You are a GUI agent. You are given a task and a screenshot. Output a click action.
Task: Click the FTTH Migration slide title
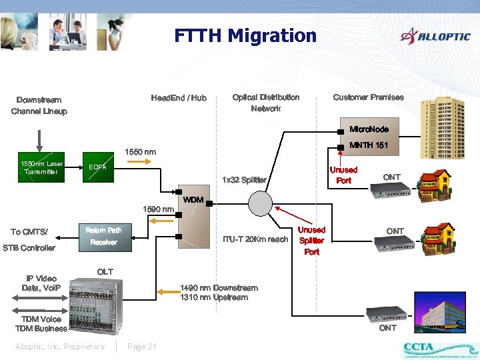pyautogui.click(x=245, y=35)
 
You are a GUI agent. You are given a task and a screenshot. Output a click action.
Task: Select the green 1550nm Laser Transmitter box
pyautogui.click(x=41, y=167)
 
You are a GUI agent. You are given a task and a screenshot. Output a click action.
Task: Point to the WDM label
pyautogui.click(x=193, y=200)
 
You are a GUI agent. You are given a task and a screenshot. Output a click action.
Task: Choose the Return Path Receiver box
pyautogui.click(x=103, y=236)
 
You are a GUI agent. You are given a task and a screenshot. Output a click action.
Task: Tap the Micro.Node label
pyautogui.click(x=369, y=129)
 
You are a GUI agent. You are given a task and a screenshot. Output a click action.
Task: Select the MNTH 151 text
pyautogui.click(x=369, y=145)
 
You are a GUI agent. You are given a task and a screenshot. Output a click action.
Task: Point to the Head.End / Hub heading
pyautogui.click(x=179, y=99)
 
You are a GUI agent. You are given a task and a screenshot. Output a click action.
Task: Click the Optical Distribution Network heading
pyautogui.click(x=266, y=103)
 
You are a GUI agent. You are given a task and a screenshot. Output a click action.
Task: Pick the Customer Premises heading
pyautogui.click(x=368, y=97)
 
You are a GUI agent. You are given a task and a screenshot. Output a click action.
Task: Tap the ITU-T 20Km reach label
pyautogui.click(x=255, y=239)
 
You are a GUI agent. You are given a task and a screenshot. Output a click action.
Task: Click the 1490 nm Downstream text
pyautogui.click(x=219, y=288)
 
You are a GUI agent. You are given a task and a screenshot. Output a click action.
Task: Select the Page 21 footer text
pyautogui.click(x=141, y=347)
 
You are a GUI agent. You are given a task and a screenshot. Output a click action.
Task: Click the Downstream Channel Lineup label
pyautogui.click(x=39, y=105)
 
